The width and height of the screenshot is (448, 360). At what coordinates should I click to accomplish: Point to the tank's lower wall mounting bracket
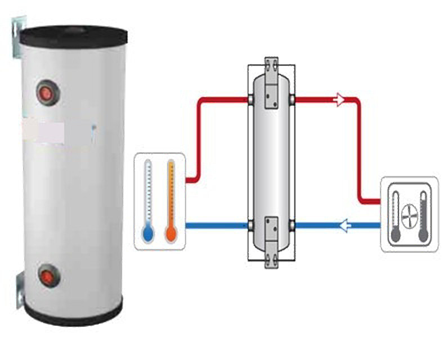[17, 287]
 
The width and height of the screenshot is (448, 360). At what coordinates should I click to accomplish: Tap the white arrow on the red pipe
[339, 101]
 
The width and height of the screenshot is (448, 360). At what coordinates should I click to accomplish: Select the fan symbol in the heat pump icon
[409, 214]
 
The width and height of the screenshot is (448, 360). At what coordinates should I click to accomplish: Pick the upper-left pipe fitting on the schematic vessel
[249, 101]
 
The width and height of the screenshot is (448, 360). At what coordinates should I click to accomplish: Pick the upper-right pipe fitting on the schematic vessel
[293, 101]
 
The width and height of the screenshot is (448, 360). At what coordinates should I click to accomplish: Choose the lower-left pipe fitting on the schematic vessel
[249, 226]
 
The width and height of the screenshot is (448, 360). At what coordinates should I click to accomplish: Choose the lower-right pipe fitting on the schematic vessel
[293, 226]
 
